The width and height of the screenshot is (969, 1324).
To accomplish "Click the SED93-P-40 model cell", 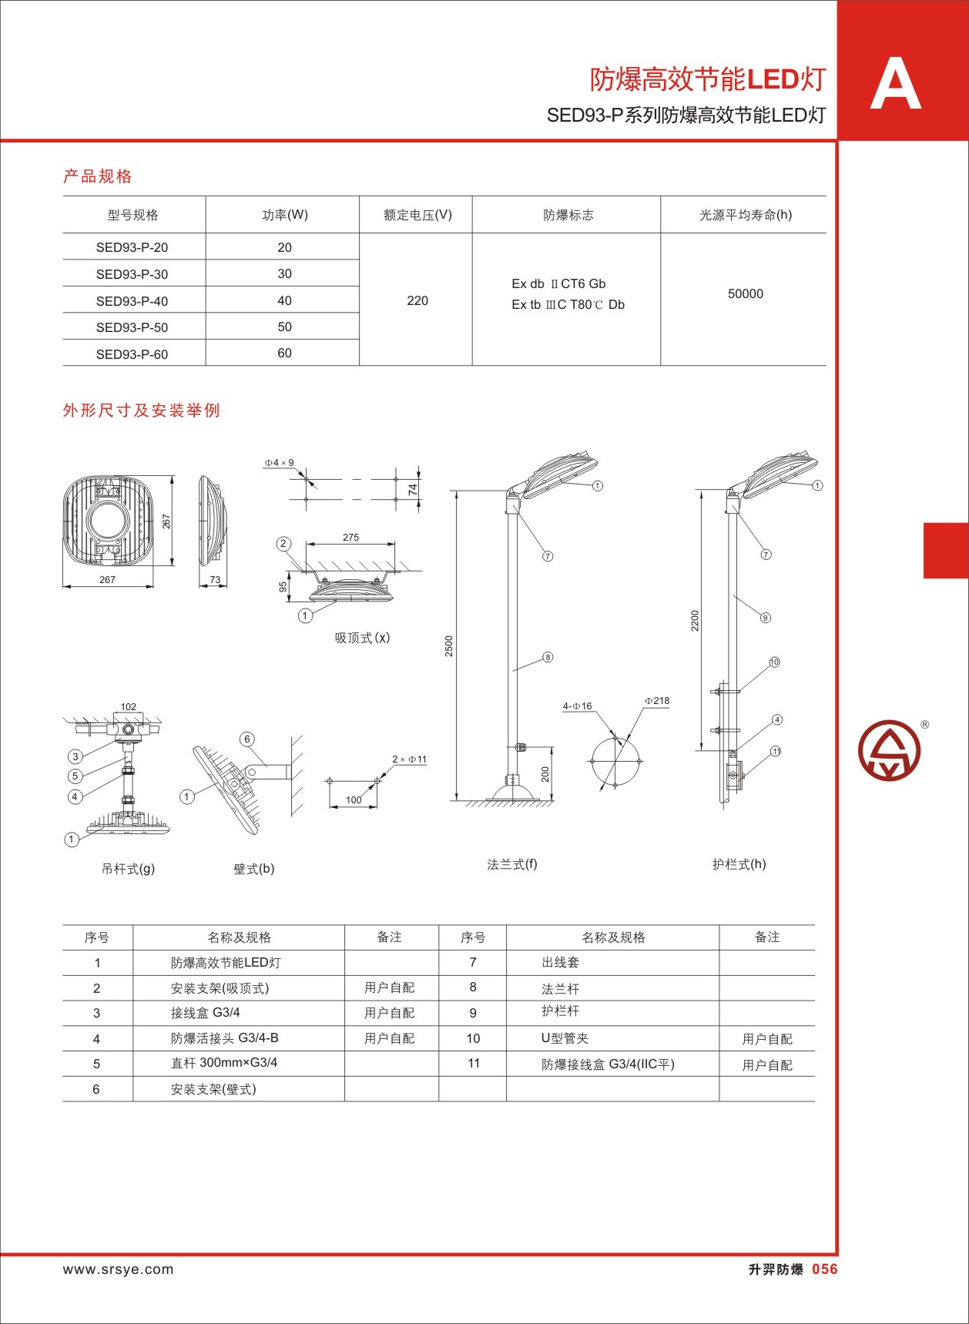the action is (x=132, y=301).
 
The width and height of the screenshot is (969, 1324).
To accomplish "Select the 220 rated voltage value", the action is (x=417, y=300).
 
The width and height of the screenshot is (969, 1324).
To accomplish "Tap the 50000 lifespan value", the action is (x=746, y=293).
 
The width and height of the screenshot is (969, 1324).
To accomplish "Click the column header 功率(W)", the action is (x=285, y=215).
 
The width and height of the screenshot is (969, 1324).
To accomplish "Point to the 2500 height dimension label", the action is (x=449, y=646).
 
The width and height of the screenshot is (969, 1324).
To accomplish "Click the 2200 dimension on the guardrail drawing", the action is (x=695, y=621).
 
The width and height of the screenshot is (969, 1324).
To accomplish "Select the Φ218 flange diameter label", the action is (x=657, y=701).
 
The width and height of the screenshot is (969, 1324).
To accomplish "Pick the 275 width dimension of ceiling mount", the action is (x=350, y=538).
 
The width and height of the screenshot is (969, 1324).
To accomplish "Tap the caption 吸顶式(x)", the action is (x=363, y=638).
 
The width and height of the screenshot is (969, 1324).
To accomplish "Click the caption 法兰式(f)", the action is (x=512, y=864).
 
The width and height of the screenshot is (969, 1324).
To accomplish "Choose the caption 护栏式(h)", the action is (x=739, y=864).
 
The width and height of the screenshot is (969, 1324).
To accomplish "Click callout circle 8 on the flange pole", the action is (x=548, y=657).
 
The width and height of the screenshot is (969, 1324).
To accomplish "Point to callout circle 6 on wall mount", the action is (x=247, y=739).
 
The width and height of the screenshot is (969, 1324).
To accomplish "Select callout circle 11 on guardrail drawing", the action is (x=776, y=751).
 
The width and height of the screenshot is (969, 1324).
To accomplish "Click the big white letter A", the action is (x=895, y=83).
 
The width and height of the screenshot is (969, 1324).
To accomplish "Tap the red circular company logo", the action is (x=890, y=750).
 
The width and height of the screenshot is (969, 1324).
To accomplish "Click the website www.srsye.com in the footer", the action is (x=119, y=1269).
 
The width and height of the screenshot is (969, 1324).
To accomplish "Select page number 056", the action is (x=825, y=1269).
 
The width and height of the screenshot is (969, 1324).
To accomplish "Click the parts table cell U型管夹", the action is (x=565, y=1038).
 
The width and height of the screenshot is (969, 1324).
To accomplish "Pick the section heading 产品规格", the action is (x=98, y=176).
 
